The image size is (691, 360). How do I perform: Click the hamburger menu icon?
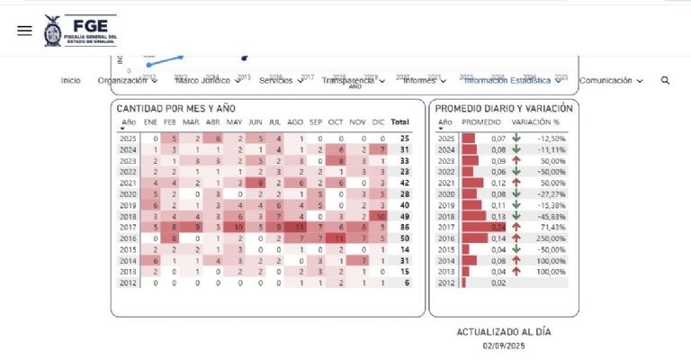(24, 31)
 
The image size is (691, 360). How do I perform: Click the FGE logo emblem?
(52, 30)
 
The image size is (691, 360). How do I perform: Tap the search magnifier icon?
(665, 80)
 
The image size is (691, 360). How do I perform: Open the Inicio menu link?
(71, 80)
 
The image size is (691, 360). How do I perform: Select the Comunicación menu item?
(610, 80)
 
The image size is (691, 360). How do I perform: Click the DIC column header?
(379, 121)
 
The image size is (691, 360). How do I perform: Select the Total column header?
(399, 121)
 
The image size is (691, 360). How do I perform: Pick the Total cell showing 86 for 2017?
(404, 228)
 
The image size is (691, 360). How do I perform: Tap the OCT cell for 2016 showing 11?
(337, 238)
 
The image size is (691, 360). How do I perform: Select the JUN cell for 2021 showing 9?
(256, 183)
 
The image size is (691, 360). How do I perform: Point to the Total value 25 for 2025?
(404, 139)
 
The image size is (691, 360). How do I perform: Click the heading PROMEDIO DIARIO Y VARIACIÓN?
(503, 108)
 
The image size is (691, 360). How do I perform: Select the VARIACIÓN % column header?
(535, 121)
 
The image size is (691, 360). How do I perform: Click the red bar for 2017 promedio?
(475, 228)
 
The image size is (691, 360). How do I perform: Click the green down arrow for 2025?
(516, 139)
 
